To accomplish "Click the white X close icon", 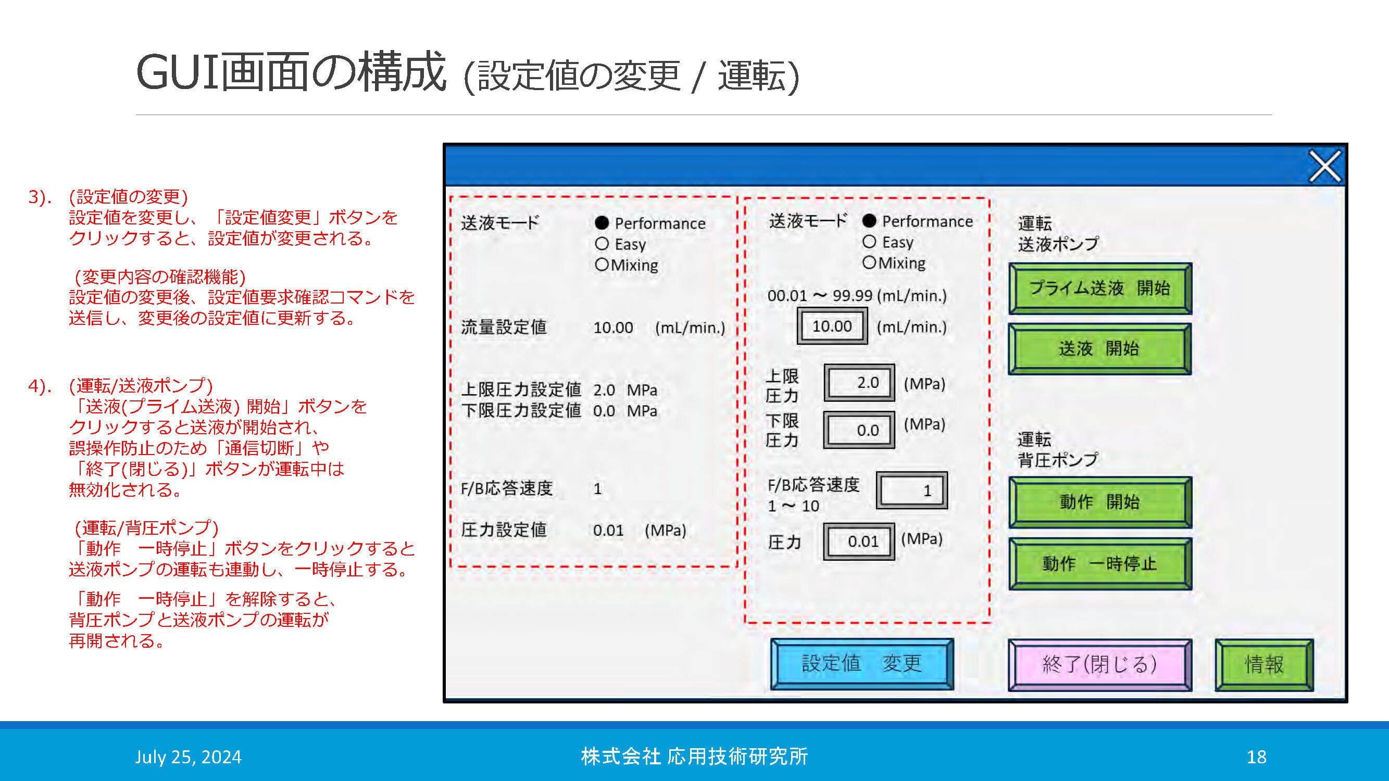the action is pyautogui.click(x=1325, y=167).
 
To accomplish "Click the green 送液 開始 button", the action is pyautogui.click(x=1099, y=349).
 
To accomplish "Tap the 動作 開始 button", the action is pyautogui.click(x=1099, y=502).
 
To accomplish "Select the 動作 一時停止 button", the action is pyautogui.click(x=1099, y=564).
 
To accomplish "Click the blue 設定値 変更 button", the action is pyautogui.click(x=861, y=664).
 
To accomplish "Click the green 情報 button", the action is pyautogui.click(x=1264, y=664).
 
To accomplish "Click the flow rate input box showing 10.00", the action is pyautogui.click(x=832, y=326).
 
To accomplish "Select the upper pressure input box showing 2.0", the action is pyautogui.click(x=859, y=383).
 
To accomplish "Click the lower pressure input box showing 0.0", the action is pyautogui.click(x=859, y=430).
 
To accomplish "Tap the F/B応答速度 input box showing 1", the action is pyautogui.click(x=911, y=490).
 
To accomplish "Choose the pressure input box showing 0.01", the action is pyautogui.click(x=859, y=541).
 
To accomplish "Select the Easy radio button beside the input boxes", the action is pyautogui.click(x=869, y=242).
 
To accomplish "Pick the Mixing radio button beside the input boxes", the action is pyautogui.click(x=869, y=263).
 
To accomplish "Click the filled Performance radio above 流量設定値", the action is pyautogui.click(x=602, y=223).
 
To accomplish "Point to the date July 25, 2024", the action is pyautogui.click(x=188, y=757).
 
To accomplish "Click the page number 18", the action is pyautogui.click(x=1256, y=757).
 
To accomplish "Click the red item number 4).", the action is pyautogui.click(x=40, y=386).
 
